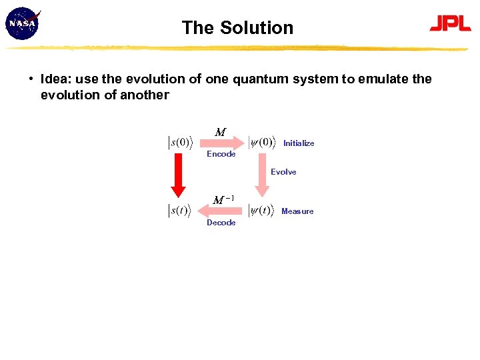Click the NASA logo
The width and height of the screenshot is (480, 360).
coord(23,23)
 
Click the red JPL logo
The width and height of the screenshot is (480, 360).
coord(450,23)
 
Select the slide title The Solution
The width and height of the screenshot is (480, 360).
coord(237,28)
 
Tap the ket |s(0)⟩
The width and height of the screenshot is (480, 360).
coord(179,143)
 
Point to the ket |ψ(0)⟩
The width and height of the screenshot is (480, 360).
coord(261,143)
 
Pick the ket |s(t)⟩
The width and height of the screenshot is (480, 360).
coord(179,211)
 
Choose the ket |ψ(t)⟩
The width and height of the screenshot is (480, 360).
coord(261,211)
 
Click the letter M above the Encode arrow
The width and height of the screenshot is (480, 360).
coord(220,132)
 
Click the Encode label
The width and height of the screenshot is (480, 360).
coord(221,154)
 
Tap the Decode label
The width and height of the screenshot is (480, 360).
coord(221,223)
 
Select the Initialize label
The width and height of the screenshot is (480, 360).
coord(299,143)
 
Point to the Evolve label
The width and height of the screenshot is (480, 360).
coord(283,172)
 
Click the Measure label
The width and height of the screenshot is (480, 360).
coord(297,211)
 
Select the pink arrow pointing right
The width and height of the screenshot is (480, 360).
coord(222,142)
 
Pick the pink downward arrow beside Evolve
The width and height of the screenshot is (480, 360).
coord(262,176)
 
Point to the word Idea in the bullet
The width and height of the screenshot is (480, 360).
coord(54,79)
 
